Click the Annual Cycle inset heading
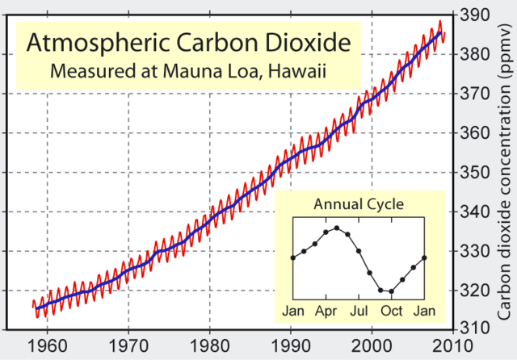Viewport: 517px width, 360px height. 359,204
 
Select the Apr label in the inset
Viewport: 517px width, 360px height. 325,311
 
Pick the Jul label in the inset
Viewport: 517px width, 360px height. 359,311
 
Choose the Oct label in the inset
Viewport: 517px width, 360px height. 393,311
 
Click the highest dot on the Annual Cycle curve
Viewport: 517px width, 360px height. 337,228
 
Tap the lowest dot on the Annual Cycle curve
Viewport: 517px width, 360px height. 392,291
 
